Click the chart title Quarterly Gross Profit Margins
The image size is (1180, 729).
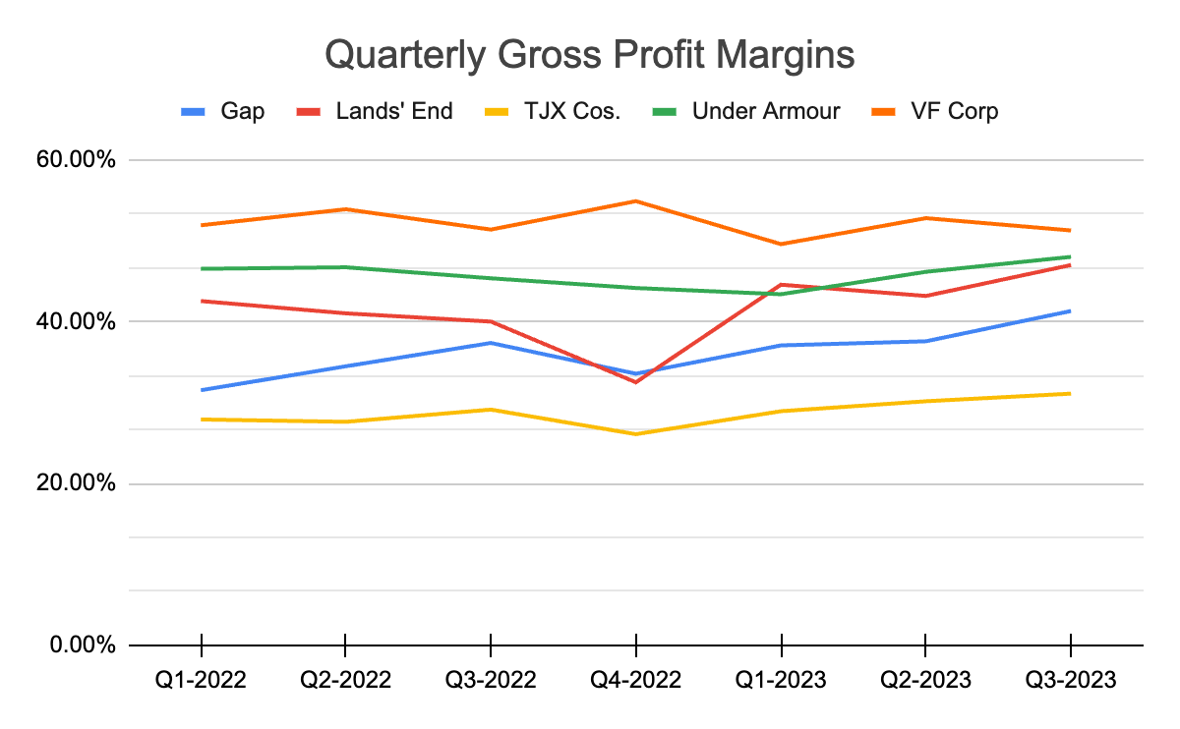[589, 56]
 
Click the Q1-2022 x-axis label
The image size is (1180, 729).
[201, 680]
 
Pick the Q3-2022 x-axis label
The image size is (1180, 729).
[491, 680]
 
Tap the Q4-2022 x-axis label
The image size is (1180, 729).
[636, 680]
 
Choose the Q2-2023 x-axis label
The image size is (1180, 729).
[925, 680]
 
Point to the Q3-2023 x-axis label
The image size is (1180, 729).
[1070, 680]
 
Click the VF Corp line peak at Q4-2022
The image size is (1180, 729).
[636, 201]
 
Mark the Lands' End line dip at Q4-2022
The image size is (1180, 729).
[636, 382]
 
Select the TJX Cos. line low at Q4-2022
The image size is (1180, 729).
[636, 433]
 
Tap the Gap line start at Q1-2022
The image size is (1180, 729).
[201, 390]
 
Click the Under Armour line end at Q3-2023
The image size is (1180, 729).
[1070, 257]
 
